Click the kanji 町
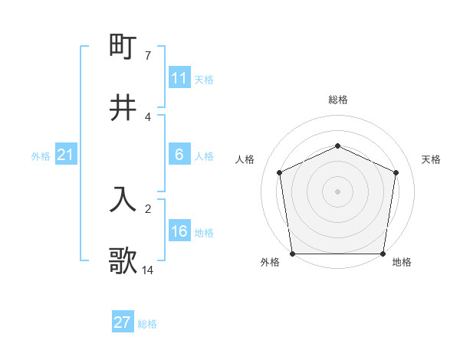tap(123, 47)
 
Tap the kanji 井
tap(123, 108)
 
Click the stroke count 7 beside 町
tap(148, 56)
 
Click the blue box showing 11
tap(179, 78)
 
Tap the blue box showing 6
tap(179, 155)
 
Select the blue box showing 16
tap(179, 231)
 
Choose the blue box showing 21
tap(65, 155)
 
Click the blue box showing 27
tap(122, 322)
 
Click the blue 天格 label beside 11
tap(204, 79)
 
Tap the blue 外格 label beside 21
tap(41, 155)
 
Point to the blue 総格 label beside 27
tap(147, 323)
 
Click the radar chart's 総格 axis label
tap(338, 100)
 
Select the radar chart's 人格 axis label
tap(245, 159)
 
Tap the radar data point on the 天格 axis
tap(396, 172)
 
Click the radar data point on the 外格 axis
tap(292, 254)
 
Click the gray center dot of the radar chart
tap(338, 191)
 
